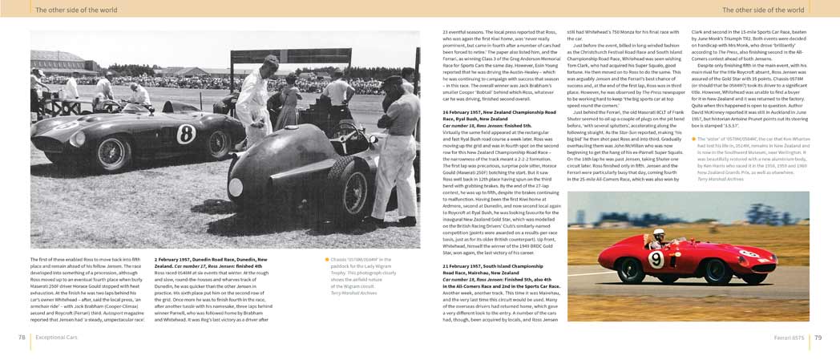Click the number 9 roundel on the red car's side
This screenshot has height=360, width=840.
[x=656, y=260]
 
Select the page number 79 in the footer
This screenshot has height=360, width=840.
[x=818, y=338]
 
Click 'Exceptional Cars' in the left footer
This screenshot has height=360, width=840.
[x=57, y=338]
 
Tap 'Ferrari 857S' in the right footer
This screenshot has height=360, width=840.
[x=789, y=338]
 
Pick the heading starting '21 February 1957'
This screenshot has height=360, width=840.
[x=493, y=265]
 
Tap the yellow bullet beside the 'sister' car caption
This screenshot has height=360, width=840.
[x=693, y=139]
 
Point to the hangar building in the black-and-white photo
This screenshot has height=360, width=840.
[x=60, y=60]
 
